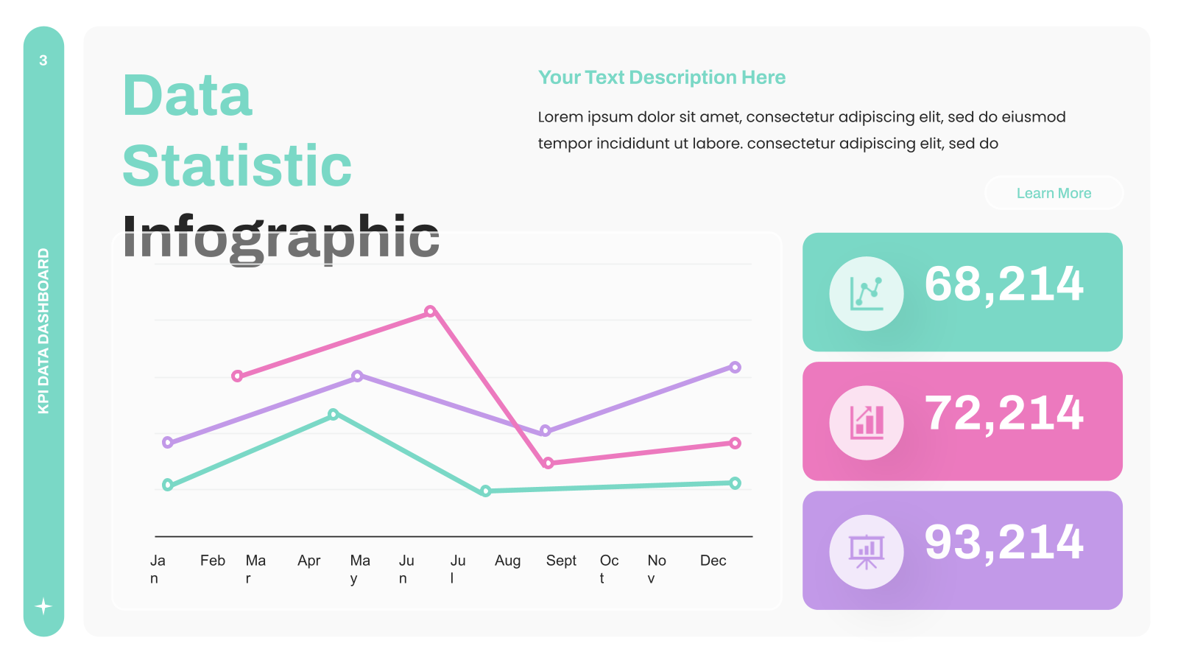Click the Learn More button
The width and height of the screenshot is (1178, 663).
[1054, 193]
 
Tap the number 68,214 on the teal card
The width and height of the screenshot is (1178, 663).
[1004, 284]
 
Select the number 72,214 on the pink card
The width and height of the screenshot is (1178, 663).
[1004, 413]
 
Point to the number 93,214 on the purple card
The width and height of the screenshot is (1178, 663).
[1004, 542]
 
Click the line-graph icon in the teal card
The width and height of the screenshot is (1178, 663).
[866, 294]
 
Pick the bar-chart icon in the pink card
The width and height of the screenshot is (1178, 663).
[867, 423]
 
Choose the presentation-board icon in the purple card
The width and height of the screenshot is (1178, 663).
[866, 552]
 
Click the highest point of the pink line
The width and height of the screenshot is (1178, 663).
[430, 311]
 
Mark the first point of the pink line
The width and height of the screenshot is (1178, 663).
[237, 376]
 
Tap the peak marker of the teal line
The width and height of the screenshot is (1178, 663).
[333, 414]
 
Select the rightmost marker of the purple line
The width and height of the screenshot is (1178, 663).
[736, 368]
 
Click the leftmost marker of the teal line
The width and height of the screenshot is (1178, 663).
[168, 485]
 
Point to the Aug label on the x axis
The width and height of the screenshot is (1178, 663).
[507, 561]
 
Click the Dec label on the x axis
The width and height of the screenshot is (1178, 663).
[713, 561]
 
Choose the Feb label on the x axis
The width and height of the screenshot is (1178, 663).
[213, 561]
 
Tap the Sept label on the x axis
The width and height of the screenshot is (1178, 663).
[561, 561]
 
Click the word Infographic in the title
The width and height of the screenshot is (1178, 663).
[281, 236]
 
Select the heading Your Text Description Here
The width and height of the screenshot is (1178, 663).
[662, 77]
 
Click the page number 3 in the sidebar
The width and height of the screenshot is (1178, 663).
[43, 60]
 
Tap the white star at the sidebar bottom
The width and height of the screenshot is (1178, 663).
[43, 607]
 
